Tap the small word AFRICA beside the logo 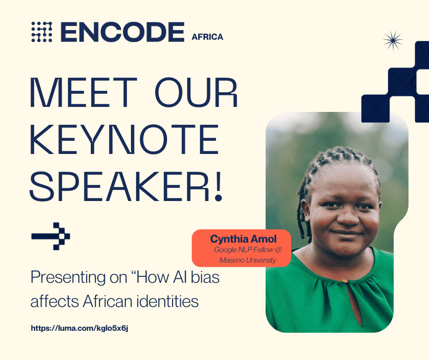(x=207, y=37)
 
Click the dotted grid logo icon (x=42, y=32)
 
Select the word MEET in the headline (x=83, y=92)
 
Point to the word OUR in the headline (x=196, y=92)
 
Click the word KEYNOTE (x=125, y=139)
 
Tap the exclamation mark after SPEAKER (x=218, y=186)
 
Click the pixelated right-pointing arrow (x=51, y=236)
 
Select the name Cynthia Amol (x=243, y=239)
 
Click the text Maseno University (x=248, y=260)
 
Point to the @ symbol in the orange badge (x=278, y=249)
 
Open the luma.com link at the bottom (x=79, y=328)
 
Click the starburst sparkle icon (x=393, y=41)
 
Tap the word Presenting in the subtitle (x=68, y=278)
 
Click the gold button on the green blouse (x=345, y=281)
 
